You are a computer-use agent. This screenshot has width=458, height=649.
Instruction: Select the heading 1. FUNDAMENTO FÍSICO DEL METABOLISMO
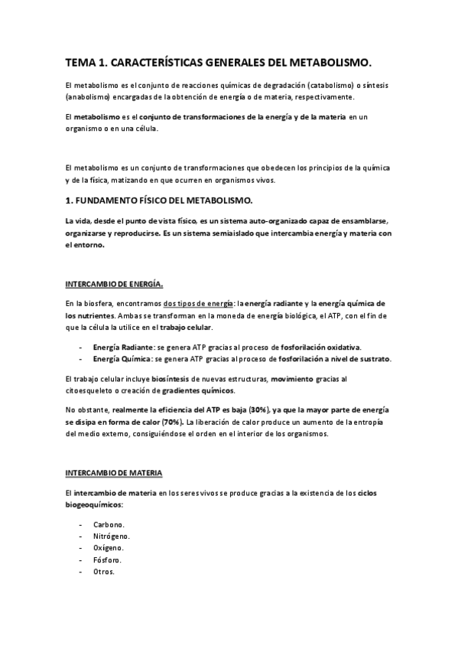click(159, 201)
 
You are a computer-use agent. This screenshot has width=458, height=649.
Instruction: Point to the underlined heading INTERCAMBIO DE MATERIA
click(113, 474)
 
